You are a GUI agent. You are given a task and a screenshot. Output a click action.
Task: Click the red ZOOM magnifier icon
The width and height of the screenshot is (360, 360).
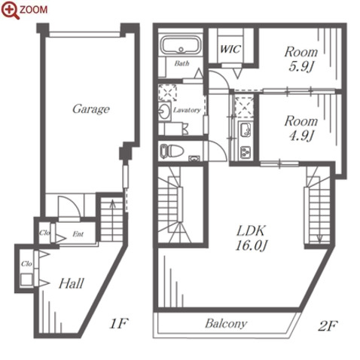coord(10,11)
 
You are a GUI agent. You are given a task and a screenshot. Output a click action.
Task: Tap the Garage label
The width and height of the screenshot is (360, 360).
coord(91,109)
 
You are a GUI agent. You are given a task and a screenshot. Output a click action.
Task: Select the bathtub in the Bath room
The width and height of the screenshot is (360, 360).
coord(181,45)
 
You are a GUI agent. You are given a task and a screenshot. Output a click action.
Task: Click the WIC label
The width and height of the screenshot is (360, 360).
coord(230,49)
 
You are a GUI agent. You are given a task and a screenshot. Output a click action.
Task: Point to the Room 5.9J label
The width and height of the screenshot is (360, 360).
coord(301,59)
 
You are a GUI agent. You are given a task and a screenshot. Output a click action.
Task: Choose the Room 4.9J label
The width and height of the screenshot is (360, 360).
coord(301,128)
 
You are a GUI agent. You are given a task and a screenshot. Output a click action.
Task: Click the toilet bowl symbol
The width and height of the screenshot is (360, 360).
coord(172,151)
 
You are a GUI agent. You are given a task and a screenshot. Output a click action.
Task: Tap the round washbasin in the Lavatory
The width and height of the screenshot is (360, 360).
coord(164,111)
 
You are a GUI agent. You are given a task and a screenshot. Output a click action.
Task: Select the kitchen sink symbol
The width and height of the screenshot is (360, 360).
coord(245,130)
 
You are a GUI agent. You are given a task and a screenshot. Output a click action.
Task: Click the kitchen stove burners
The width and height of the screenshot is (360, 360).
coord(246,152)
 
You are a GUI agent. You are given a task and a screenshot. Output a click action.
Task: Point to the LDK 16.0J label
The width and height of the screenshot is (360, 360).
coord(251,238)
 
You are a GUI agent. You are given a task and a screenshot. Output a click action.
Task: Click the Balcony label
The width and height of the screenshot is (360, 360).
coord(226,323)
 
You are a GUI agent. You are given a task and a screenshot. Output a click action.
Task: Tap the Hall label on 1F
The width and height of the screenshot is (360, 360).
coord(71,283)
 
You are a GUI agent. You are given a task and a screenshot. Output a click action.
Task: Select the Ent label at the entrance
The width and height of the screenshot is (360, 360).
coord(78,234)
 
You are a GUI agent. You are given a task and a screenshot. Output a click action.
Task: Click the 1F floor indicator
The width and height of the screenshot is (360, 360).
coord(119,324)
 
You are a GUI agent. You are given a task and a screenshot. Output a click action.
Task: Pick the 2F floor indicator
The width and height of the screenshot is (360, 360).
coord(328,325)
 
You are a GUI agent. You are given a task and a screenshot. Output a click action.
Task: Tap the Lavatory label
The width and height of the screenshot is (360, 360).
coord(187,110)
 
